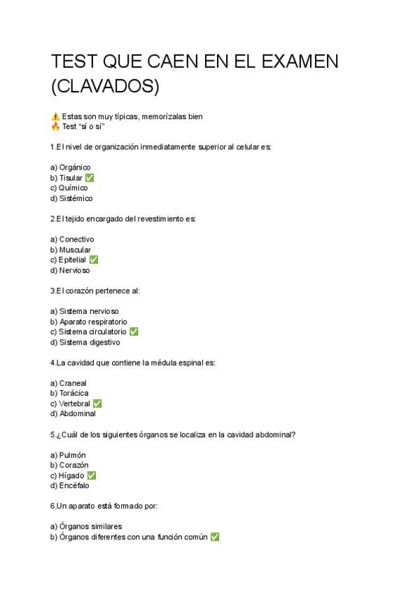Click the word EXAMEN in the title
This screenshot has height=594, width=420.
pos(300,62)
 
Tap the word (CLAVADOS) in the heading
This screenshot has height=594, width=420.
pos(106,87)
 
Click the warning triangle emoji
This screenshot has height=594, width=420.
pos(55,116)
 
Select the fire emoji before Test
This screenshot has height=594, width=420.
pos(55,127)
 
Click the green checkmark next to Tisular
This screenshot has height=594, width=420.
pos(90,178)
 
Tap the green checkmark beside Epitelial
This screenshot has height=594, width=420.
pos(94,260)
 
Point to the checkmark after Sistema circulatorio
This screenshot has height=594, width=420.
pos(134,332)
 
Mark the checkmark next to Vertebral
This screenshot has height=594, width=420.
pos(97,403)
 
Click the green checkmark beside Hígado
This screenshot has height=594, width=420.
pos(91,476)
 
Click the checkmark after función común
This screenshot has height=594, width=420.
pos(215,537)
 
